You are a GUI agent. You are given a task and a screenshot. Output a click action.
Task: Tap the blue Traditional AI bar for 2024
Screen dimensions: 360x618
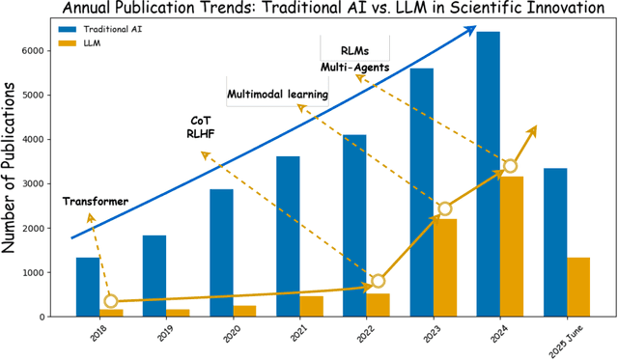tap(488, 174)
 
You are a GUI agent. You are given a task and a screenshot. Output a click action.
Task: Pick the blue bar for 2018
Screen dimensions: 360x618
tap(88, 287)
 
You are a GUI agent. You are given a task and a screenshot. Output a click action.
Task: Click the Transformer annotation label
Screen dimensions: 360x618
tap(96, 201)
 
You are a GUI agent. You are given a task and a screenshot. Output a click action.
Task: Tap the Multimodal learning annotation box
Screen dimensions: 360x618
tap(277, 95)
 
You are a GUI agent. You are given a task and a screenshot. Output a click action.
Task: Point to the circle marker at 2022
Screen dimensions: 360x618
tap(378, 281)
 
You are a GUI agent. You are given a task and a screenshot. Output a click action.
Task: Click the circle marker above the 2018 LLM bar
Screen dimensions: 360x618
tap(110, 302)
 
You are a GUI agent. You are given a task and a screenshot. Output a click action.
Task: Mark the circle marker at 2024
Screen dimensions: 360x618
tap(510, 166)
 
